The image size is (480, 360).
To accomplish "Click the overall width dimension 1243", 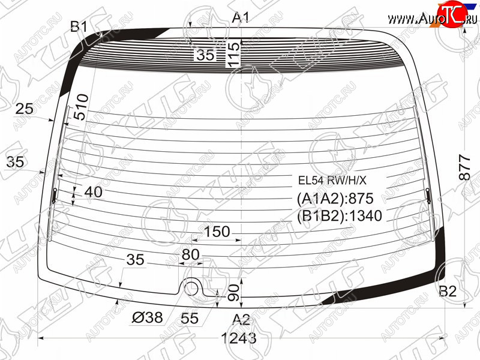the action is (x=238, y=338).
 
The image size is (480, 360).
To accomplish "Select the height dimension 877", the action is (x=464, y=167).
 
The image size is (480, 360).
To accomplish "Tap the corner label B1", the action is (x=79, y=26).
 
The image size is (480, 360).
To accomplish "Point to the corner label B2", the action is (x=448, y=291).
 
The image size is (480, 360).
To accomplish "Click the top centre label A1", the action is (x=241, y=17).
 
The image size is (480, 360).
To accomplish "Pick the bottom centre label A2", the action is (x=241, y=320).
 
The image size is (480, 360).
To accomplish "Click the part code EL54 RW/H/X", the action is (x=332, y=181).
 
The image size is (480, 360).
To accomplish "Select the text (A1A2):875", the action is (x=335, y=199).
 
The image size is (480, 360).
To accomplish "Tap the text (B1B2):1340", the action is (x=340, y=216).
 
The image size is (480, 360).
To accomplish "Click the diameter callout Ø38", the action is (x=147, y=317).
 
